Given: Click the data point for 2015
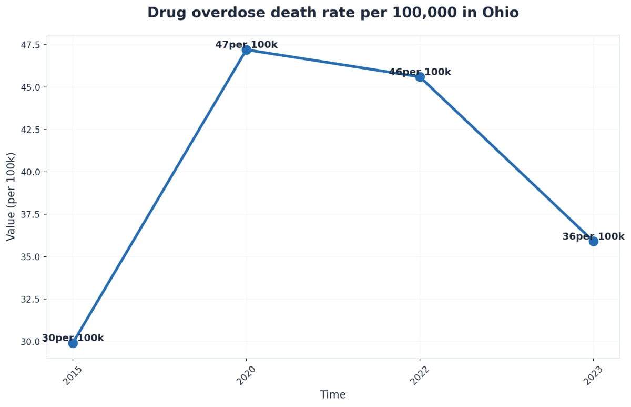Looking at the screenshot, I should coord(73,343).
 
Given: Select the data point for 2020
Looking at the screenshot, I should coord(246,50).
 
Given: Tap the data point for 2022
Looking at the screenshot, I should coord(420,77).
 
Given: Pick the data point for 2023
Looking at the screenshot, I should coord(593,241).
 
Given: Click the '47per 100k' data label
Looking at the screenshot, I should coord(246,45).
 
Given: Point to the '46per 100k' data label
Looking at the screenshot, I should coord(420,72).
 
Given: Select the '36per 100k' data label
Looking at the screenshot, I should coord(593,236).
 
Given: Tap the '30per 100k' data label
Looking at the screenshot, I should coord(73,338).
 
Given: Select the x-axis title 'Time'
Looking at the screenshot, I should coord(333,395).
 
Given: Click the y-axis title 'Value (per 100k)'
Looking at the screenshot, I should coord(11,196).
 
